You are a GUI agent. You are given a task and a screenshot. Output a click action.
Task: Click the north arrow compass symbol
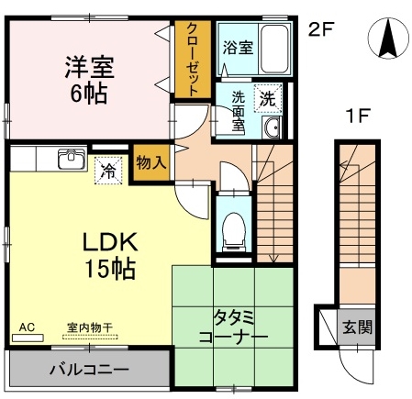(388, 39)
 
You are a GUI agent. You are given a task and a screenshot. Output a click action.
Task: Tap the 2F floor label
(320, 29)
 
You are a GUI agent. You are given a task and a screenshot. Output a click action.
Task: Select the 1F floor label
(358, 116)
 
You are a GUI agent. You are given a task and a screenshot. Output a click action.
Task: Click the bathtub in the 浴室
(274, 49)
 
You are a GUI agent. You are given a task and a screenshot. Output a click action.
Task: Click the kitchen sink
(72, 159)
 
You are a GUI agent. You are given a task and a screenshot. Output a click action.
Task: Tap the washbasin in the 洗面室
(272, 127)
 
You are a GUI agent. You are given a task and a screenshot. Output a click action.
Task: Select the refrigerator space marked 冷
(108, 171)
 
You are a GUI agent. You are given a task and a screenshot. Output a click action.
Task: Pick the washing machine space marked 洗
(268, 98)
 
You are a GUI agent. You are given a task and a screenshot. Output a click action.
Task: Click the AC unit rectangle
(28, 338)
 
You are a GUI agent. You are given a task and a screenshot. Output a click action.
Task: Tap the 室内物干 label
(90, 328)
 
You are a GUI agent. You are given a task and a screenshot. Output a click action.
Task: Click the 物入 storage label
(151, 162)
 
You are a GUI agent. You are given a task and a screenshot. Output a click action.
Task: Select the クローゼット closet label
(193, 60)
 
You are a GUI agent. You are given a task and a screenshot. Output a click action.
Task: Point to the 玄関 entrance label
(357, 327)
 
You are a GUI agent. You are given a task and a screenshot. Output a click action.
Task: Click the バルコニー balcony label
(89, 370)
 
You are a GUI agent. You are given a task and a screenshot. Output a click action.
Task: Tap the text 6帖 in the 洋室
(89, 94)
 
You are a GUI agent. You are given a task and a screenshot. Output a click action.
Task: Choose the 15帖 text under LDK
(110, 269)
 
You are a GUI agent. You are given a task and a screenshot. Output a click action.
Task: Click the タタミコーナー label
(234, 327)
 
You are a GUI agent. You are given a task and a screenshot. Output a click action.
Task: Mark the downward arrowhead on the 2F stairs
(273, 259)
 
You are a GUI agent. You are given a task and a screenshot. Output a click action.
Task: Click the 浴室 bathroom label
(238, 48)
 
